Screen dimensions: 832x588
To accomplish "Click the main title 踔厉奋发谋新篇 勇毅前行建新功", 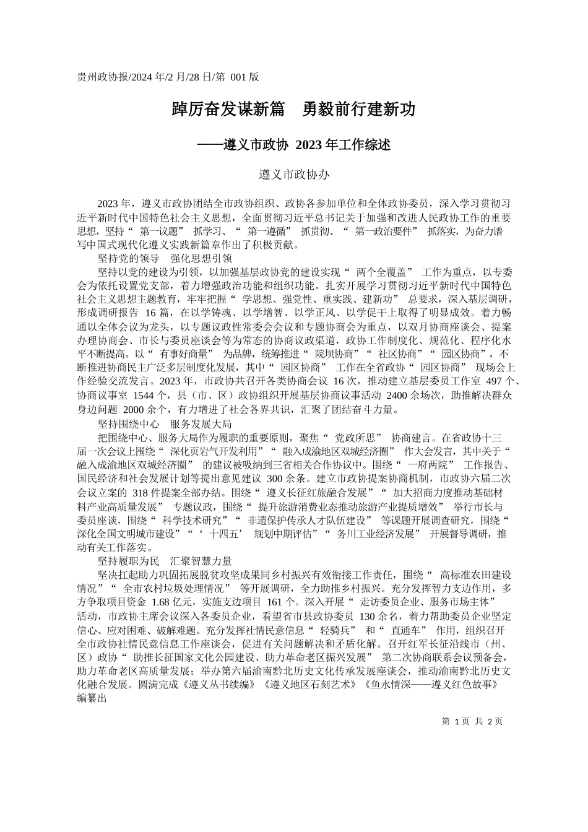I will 293,110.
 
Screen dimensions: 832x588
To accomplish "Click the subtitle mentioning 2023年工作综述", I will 293,145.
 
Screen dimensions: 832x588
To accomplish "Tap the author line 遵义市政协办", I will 293,175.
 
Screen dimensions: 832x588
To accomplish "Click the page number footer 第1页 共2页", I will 472,722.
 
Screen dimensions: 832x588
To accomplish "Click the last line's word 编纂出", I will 93,700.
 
